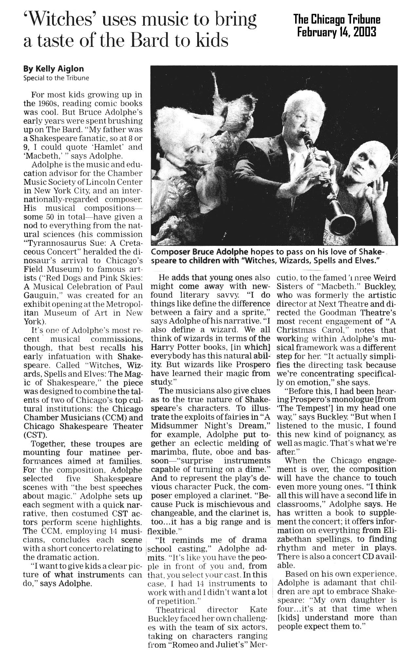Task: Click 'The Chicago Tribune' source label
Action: click(337, 19)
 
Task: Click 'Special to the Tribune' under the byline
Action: click(56, 78)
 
